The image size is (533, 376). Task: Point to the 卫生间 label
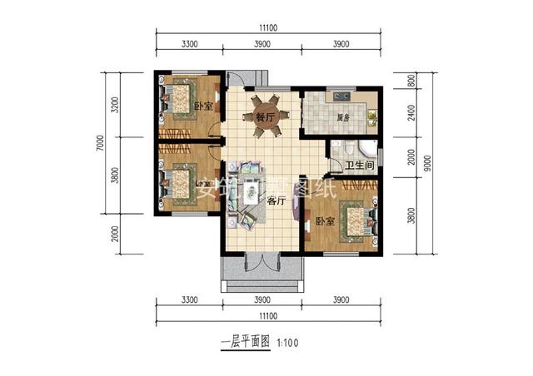(360, 166)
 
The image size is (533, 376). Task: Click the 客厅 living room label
(276, 200)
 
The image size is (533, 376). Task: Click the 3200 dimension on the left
(115, 105)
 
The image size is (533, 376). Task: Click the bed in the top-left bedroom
(176, 100)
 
